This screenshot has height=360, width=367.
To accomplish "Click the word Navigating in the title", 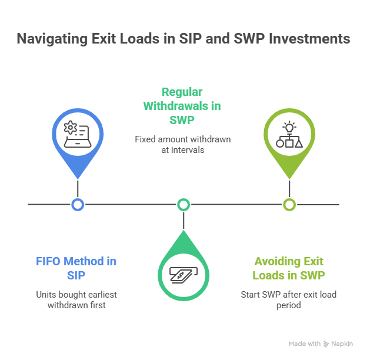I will [x=51, y=39].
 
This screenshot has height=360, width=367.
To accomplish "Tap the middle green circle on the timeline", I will [x=183, y=205].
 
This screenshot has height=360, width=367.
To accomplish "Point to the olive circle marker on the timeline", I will [x=289, y=205].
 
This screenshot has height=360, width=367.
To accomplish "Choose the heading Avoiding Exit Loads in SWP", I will [x=289, y=268].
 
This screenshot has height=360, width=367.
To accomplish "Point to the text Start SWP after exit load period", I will [x=289, y=299].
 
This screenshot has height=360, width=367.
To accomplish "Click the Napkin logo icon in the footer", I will [x=326, y=344].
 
